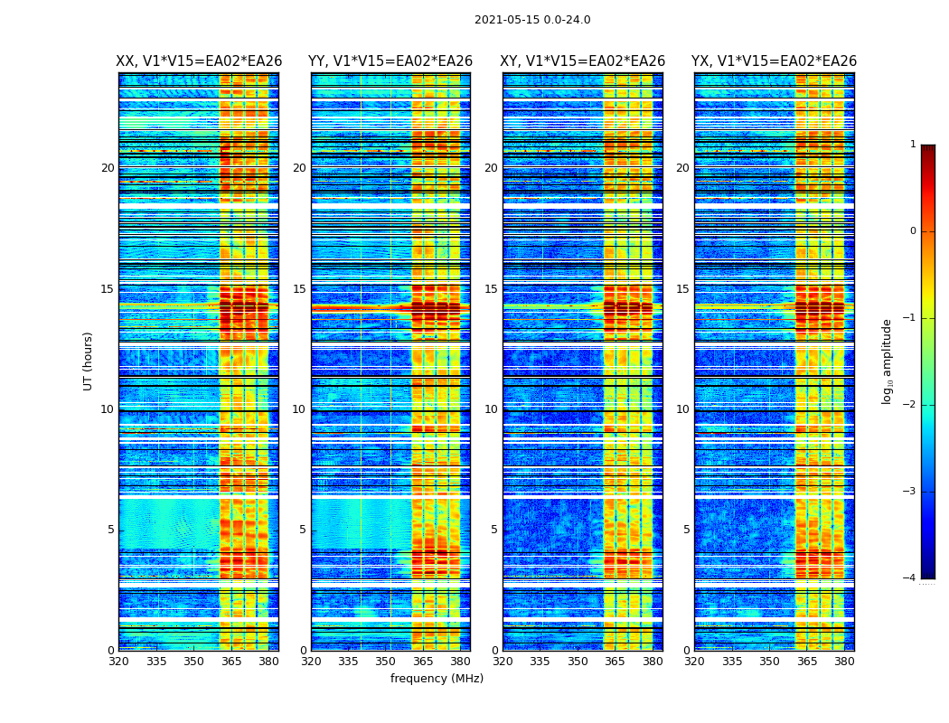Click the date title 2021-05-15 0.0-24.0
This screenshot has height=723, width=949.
[532, 20]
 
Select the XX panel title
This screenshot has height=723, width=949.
[199, 61]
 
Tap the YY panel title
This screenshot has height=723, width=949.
[390, 61]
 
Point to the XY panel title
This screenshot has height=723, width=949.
[583, 61]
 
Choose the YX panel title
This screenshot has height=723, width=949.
[774, 61]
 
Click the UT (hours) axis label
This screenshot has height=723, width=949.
[88, 361]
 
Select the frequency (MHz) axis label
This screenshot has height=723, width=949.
[437, 679]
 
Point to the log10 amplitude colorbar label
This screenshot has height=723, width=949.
[888, 361]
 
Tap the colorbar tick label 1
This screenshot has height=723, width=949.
[912, 145]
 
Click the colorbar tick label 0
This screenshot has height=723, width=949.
[912, 231]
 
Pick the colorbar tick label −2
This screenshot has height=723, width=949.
[910, 405]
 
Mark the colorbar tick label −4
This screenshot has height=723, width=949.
[910, 578]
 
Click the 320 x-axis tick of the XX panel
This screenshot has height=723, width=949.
[119, 662]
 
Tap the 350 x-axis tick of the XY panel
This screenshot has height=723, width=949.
[578, 662]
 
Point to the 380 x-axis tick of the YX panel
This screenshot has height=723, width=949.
[844, 662]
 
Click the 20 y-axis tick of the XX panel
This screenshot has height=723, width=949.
[108, 168]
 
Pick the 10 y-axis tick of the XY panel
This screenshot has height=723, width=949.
[491, 409]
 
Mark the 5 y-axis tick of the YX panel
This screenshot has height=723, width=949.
[686, 530]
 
